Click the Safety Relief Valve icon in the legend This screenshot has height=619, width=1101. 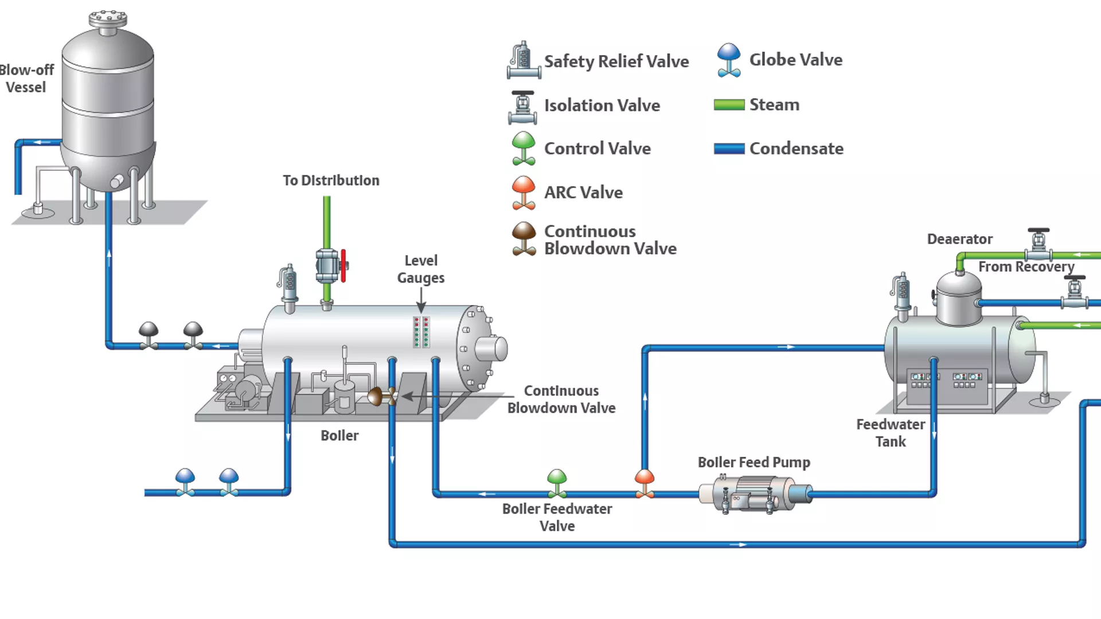pyautogui.click(x=523, y=61)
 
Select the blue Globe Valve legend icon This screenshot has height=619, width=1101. pyautogui.click(x=729, y=60)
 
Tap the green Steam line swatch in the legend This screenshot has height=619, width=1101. pyautogui.click(x=729, y=105)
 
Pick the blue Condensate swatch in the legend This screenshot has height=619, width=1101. pyautogui.click(x=729, y=149)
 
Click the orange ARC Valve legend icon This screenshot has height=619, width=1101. pyautogui.click(x=524, y=193)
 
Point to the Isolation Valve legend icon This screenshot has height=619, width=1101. pyautogui.click(x=522, y=107)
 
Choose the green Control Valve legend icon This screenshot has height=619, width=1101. pyautogui.click(x=524, y=148)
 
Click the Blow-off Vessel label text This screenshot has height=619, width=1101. pyautogui.click(x=26, y=79)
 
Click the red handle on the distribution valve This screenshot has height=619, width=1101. pyautogui.click(x=343, y=265)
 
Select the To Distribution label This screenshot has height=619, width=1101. pyautogui.click(x=331, y=181)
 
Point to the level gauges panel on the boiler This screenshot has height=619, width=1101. pyautogui.click(x=421, y=332)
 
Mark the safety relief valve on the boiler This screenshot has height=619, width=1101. pyautogui.click(x=289, y=285)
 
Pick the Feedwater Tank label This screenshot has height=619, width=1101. pyautogui.click(x=890, y=433)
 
